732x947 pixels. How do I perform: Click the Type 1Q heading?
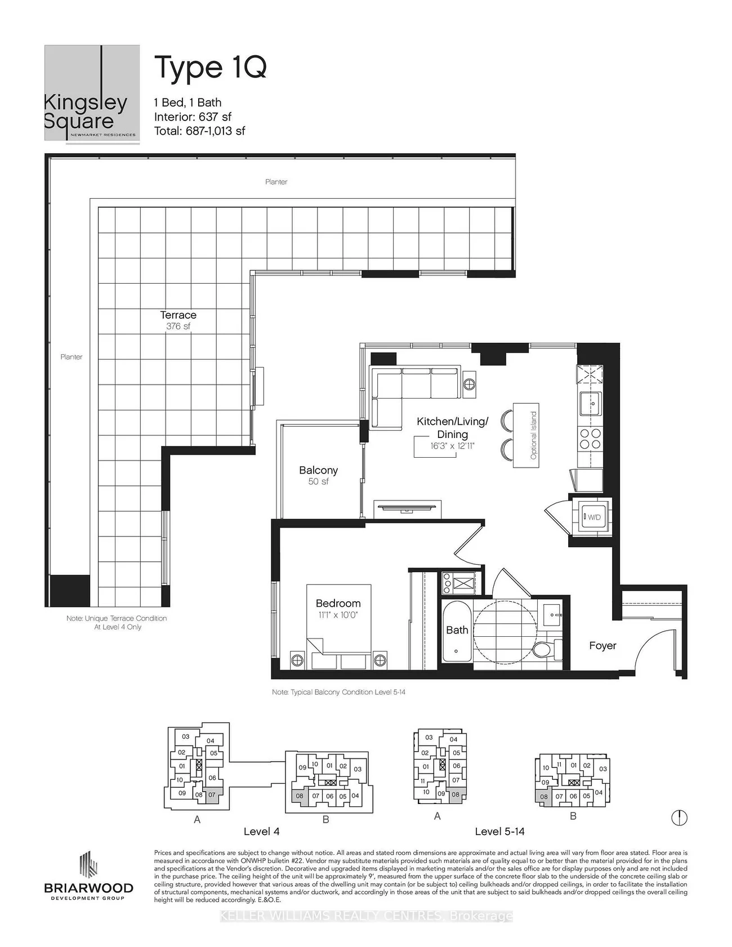point(210,68)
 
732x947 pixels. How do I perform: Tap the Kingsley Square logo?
point(92,93)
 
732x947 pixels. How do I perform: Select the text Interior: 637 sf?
point(193,117)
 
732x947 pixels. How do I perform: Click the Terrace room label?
point(178,315)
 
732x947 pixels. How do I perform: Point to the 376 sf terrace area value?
point(178,327)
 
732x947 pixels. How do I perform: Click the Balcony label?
point(318,470)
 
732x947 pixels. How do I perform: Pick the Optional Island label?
point(533,435)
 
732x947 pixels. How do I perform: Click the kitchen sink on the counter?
point(591,403)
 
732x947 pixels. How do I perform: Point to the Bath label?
point(457,630)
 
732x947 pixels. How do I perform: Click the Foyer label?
point(602,646)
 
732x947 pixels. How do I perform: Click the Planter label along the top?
point(276,182)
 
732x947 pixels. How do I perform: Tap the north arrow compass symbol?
point(680,817)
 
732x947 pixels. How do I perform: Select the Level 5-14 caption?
point(499,832)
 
